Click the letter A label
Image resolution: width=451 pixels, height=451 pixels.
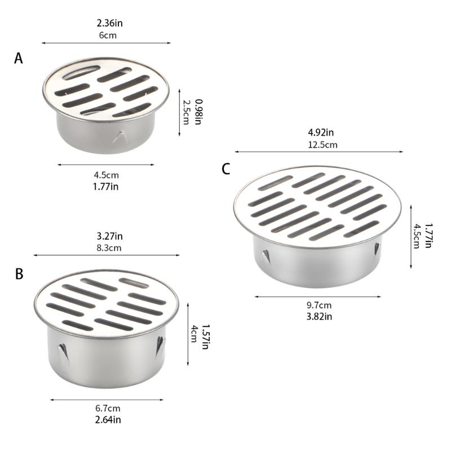point(19,58)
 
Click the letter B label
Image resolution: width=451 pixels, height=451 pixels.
point(19,274)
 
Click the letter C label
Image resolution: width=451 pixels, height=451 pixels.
point(225,169)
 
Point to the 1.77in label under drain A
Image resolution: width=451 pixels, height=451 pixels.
point(106,185)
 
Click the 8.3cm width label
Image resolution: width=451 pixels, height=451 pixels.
point(109,247)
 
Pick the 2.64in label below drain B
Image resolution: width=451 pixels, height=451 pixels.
point(108,419)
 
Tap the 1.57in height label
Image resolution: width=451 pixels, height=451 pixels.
point(206,337)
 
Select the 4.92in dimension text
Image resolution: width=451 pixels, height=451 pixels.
point(321,133)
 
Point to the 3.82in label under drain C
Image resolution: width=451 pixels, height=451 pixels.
point(319,316)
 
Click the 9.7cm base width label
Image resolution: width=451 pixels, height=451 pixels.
point(319,305)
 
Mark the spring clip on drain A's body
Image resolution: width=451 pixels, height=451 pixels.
point(120,137)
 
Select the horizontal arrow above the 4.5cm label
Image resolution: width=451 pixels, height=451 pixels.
point(106,165)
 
